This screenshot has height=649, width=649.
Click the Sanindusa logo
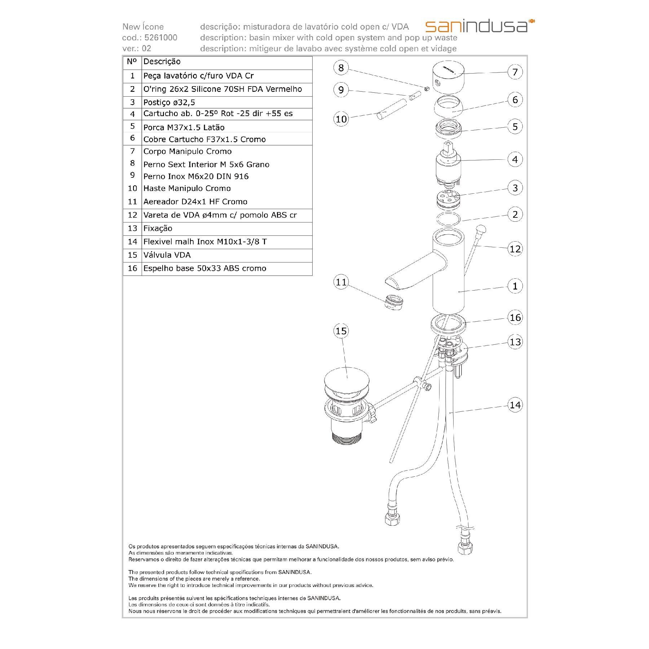(480, 26)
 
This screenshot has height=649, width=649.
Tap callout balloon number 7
(515, 72)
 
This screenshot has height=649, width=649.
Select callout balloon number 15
(341, 331)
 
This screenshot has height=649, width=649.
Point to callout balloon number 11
(341, 282)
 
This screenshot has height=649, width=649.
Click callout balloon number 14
(515, 405)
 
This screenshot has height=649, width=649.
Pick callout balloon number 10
(341, 119)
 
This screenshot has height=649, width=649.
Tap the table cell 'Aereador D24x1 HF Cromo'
(195, 202)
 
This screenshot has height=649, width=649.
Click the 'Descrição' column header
(162, 62)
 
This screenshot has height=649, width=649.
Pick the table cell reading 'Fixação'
(158, 229)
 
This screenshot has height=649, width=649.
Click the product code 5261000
(160, 38)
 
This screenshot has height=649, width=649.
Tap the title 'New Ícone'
(143, 27)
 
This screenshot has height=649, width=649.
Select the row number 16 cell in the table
(132, 269)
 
